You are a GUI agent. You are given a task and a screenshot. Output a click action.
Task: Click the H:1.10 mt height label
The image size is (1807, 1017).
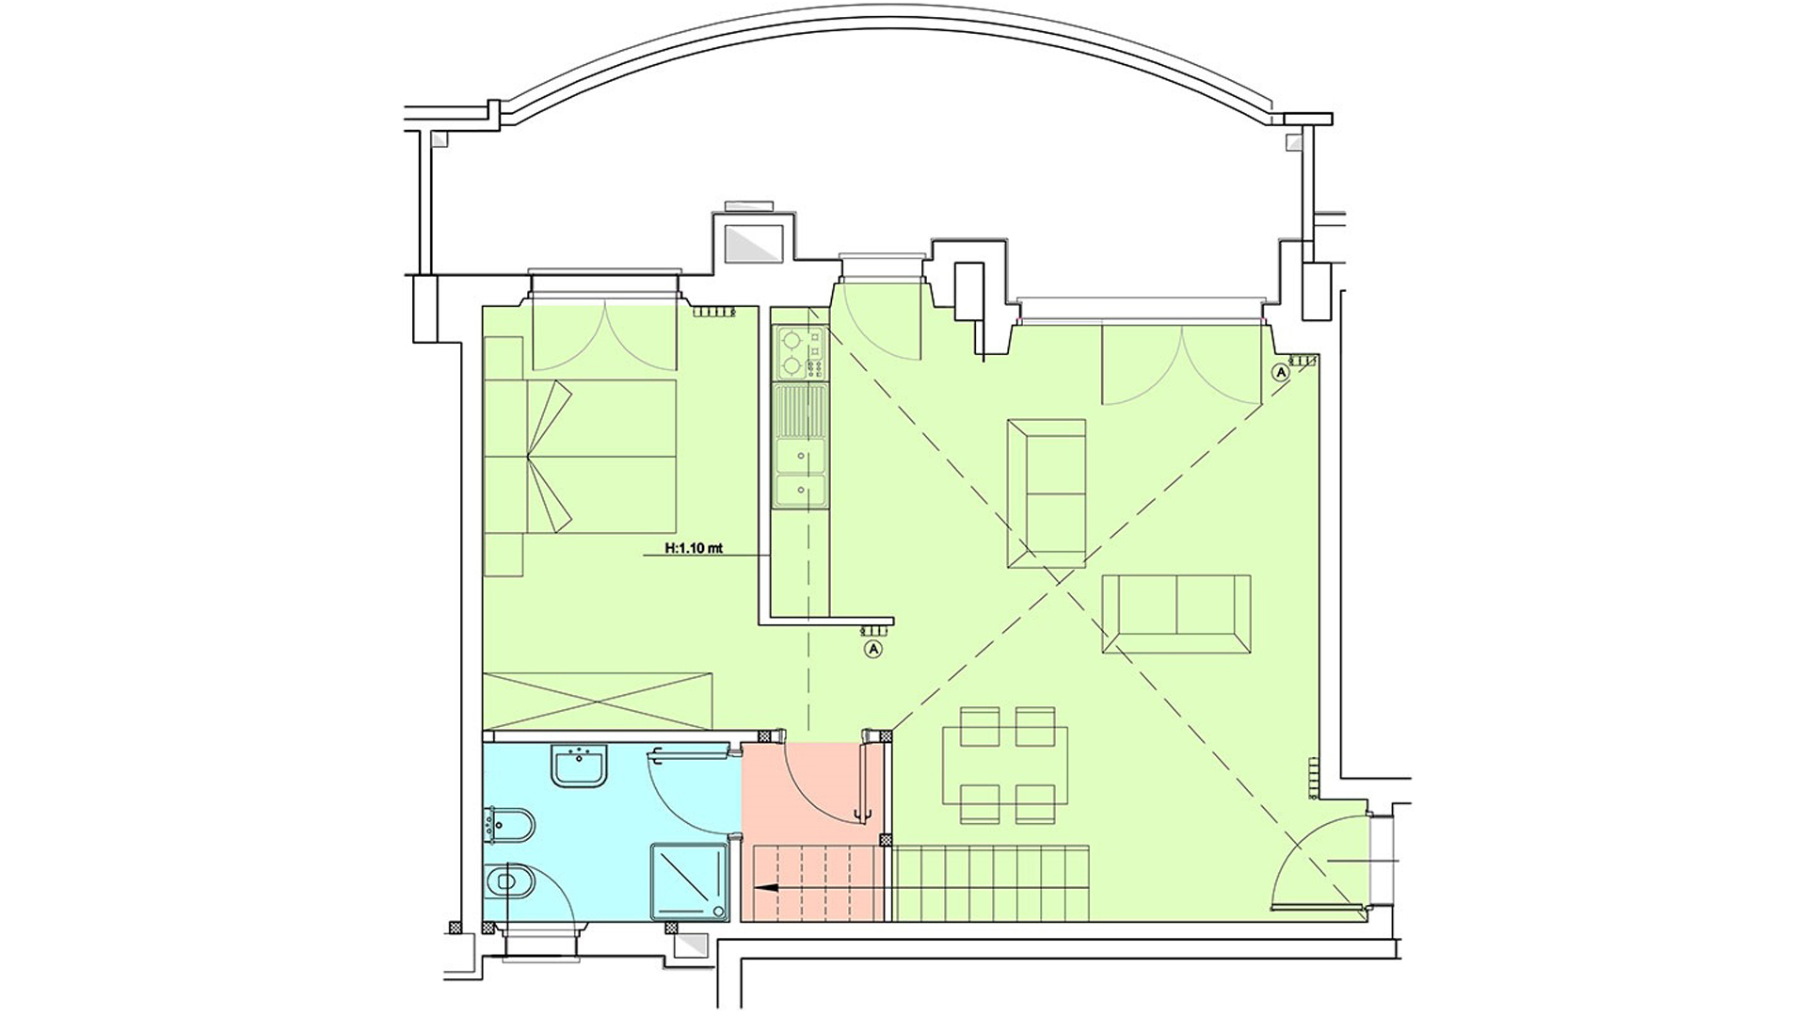point(694,548)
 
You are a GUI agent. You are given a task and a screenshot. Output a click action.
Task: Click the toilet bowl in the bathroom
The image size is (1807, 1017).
point(509,883)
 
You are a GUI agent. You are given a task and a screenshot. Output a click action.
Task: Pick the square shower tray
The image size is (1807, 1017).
point(691,881)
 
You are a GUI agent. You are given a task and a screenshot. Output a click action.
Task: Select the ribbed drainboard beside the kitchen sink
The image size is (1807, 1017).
point(800,411)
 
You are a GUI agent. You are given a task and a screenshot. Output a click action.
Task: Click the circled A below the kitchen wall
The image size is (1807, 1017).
point(873,649)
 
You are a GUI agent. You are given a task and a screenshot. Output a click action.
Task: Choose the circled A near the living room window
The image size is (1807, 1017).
point(1280,372)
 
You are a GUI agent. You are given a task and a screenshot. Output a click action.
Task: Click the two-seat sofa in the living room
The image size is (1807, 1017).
point(1176,613)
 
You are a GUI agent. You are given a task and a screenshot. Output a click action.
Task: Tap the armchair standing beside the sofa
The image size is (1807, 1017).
point(1047,493)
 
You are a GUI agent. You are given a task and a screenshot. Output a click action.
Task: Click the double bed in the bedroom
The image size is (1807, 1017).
point(581,456)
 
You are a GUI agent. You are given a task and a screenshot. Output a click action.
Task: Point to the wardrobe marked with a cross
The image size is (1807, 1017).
point(598,700)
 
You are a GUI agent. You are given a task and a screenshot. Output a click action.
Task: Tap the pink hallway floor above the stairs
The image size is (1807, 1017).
point(812,791)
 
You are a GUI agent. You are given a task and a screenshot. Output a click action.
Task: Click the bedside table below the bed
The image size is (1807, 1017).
point(503,556)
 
